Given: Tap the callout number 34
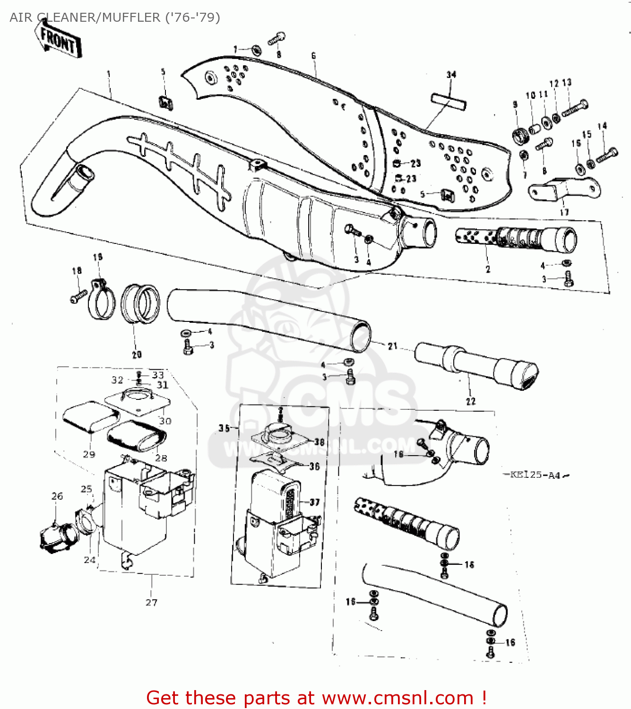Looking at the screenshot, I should (x=451, y=75).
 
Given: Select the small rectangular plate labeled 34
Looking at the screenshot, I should (x=448, y=102).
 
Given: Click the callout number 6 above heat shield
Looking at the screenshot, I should (x=313, y=56).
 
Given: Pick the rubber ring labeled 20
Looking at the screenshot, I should (x=140, y=304).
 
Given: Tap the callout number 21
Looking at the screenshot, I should (x=392, y=346).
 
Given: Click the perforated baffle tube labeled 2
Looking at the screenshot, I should (x=515, y=239).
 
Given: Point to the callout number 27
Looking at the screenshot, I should (x=151, y=602).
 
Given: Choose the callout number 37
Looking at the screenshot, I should (x=315, y=502).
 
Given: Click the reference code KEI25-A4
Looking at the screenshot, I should (x=535, y=475).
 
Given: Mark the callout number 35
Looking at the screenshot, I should (x=224, y=428).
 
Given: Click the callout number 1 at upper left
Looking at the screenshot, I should (x=109, y=74).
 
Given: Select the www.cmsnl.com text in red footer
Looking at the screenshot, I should (x=398, y=698).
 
